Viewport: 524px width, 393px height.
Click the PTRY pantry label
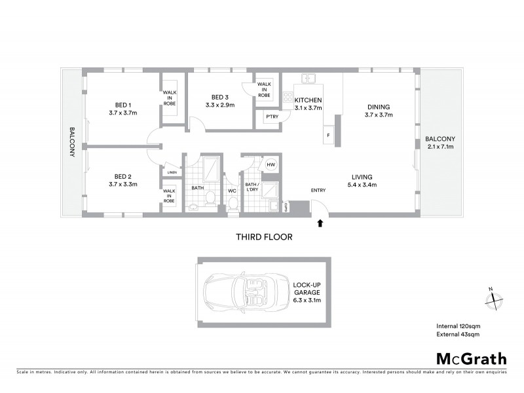[x=271, y=117]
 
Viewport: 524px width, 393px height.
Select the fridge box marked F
[x=327, y=136]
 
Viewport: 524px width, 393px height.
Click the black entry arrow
[x=320, y=223]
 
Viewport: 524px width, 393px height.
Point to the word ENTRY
[x=318, y=191]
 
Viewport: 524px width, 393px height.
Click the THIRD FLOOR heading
[x=264, y=237]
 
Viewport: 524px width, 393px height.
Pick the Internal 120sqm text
[x=459, y=326]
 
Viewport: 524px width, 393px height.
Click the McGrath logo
[x=471, y=358]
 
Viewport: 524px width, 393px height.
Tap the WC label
[x=231, y=191]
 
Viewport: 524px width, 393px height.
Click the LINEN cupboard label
[x=172, y=172]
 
